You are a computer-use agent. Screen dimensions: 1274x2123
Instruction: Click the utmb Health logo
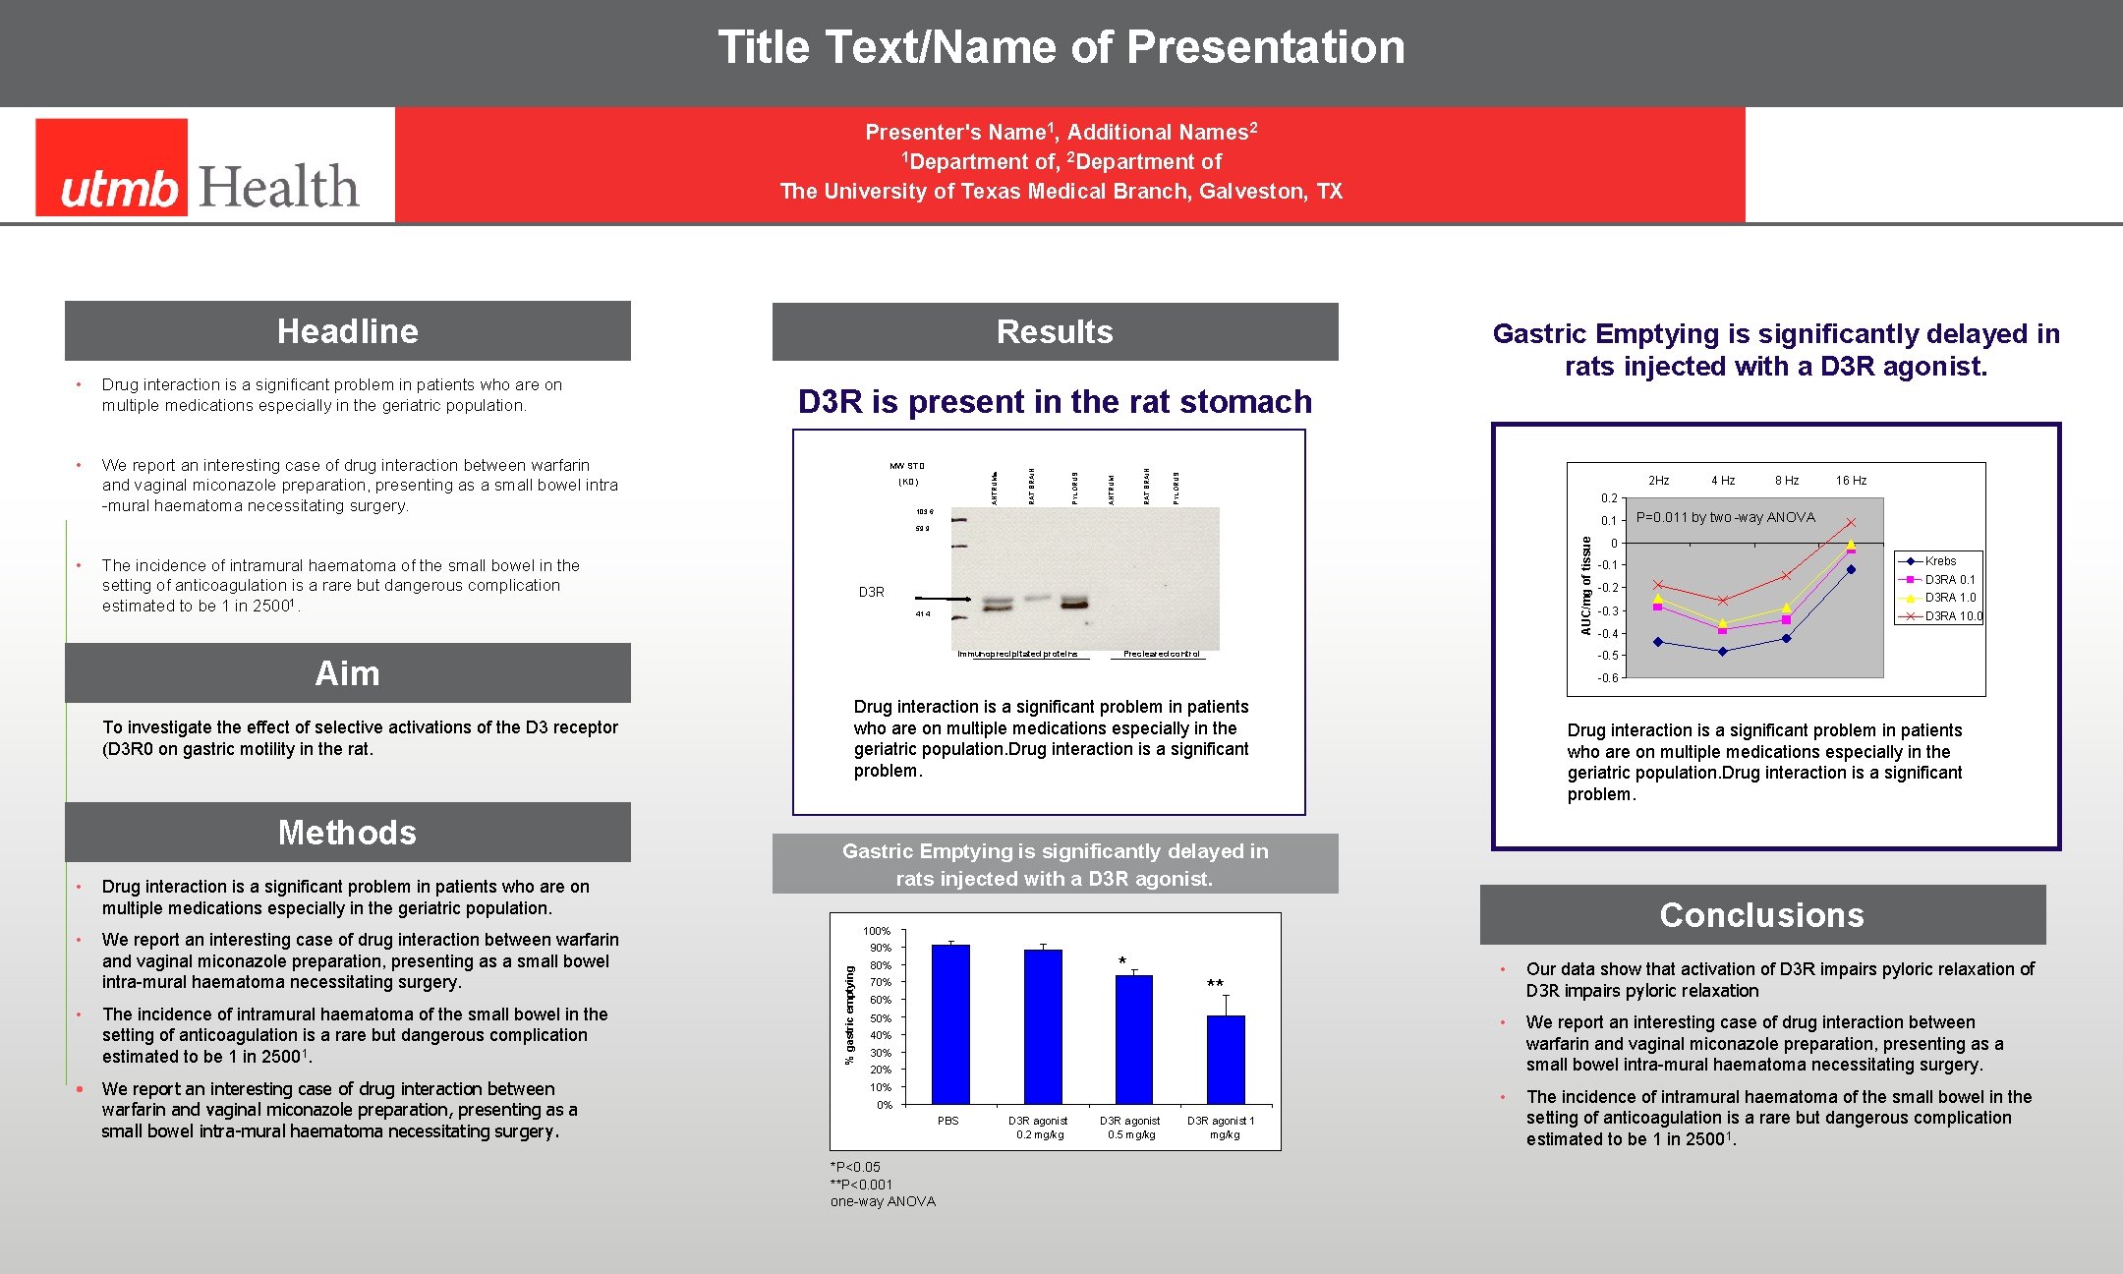[198, 167]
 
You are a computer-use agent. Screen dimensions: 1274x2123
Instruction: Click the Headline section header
[347, 331]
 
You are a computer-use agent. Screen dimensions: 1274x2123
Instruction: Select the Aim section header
[347, 673]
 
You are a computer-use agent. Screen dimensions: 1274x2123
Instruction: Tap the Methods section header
[347, 833]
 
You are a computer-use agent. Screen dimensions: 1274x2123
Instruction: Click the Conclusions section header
[1761, 915]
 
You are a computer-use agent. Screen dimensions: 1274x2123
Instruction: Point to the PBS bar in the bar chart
[949, 1024]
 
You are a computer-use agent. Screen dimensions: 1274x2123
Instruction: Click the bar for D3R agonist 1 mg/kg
[1225, 1060]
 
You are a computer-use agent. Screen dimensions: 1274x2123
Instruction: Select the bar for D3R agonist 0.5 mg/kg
[1133, 1039]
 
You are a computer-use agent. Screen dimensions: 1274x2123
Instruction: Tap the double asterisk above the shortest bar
[1215, 984]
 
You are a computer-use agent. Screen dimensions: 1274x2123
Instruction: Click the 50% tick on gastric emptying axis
[881, 1018]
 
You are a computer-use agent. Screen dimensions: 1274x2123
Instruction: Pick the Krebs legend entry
[1939, 561]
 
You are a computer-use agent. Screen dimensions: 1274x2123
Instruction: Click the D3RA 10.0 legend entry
[1951, 616]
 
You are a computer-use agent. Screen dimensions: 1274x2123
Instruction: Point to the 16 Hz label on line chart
[1851, 481]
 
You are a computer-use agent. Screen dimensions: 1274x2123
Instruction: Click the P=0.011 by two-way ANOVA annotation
[1725, 517]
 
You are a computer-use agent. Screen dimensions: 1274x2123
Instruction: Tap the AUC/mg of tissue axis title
[1585, 585]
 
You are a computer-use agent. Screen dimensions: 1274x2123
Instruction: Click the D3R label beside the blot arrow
[871, 592]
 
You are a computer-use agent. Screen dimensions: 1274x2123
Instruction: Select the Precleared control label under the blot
[1161, 654]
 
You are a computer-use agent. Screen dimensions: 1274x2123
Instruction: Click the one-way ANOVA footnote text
[883, 1201]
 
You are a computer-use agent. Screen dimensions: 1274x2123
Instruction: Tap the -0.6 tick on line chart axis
[1607, 678]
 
